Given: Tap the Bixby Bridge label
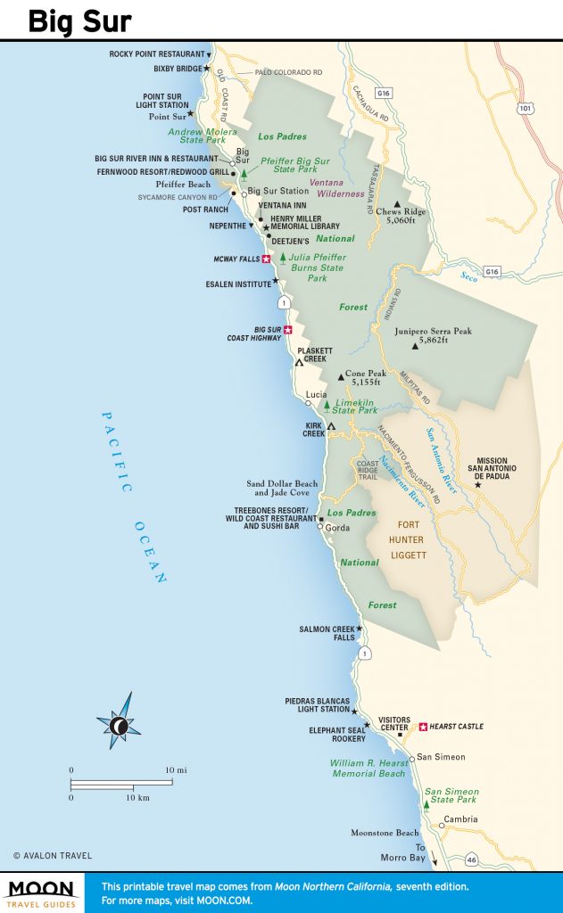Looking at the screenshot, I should tap(177, 69).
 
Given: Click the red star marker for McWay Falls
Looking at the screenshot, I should tap(266, 259).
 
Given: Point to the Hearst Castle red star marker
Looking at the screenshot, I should tap(423, 727).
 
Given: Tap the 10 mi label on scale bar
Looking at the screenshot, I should tap(174, 769).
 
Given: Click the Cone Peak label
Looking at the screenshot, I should tap(365, 377).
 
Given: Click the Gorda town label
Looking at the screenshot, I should tap(337, 528).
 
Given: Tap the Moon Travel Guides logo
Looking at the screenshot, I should tap(43, 892).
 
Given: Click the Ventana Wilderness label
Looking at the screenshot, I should tap(336, 188).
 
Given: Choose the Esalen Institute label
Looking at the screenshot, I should tap(239, 284).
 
